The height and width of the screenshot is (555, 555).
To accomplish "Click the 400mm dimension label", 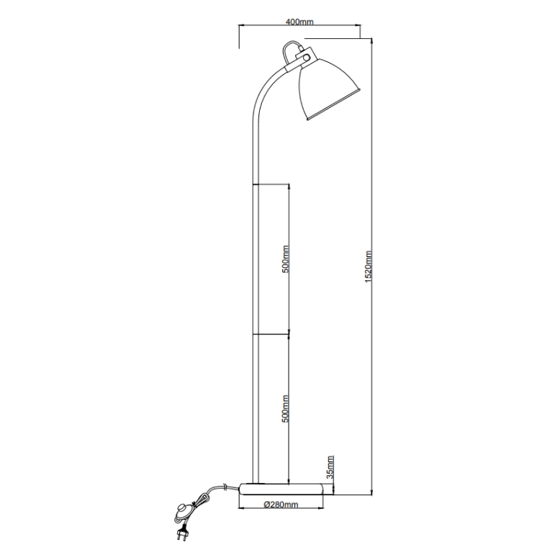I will pos(299,22).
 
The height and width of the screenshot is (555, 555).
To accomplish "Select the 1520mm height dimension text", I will pos(368,266).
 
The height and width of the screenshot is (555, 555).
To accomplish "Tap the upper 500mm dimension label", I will pos(285,259).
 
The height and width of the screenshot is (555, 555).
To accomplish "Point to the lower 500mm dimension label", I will pos(285,408).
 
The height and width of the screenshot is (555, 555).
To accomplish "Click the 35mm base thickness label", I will pos(330,467).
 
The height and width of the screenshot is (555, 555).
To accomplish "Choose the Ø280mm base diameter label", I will pos(281,505).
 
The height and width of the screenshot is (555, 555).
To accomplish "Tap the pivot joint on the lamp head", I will pos(305,58).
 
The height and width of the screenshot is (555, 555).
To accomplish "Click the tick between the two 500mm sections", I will pos(272,334).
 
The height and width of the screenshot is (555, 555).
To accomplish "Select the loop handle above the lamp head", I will pos(291,50).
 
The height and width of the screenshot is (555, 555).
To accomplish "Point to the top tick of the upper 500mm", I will pos(272,184).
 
